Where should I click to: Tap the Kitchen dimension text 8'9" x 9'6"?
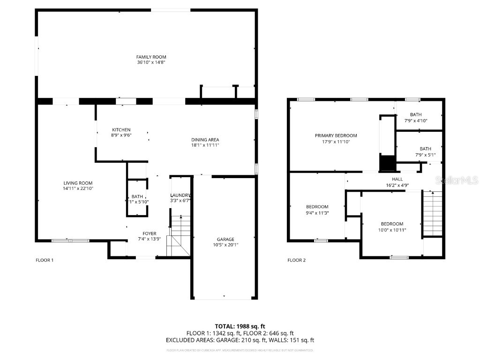point(121,135)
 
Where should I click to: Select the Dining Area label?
point(205,140)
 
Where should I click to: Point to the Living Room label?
point(78,183)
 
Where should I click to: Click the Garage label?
point(225,239)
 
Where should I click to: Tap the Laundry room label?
point(180,195)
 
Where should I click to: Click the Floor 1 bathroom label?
point(137,197)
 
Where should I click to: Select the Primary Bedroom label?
point(336,135)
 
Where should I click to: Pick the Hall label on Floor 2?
point(397,179)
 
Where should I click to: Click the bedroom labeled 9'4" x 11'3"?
point(317,207)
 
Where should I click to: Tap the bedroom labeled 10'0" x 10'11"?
point(392,224)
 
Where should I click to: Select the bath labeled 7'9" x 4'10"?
point(416,114)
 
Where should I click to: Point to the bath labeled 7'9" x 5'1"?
point(425,149)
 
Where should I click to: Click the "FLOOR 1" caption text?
point(45,260)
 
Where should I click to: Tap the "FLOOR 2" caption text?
point(296,260)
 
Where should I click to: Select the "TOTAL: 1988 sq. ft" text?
point(240,326)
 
